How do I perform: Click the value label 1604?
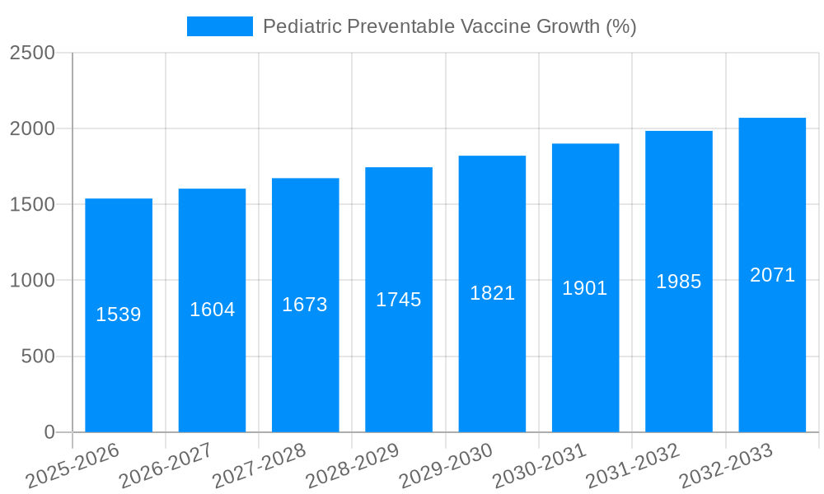(213, 310)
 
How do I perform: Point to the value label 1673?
(305, 305)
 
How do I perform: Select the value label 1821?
(492, 293)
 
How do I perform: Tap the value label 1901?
(585, 288)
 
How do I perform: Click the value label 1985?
(678, 282)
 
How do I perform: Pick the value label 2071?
(772, 275)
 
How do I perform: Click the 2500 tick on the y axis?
(32, 53)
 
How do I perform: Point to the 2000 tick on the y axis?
(32, 129)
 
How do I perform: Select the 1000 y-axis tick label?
(32, 281)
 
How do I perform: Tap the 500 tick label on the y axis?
(38, 357)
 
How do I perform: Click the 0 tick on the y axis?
(49, 432)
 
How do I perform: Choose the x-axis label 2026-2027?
(166, 465)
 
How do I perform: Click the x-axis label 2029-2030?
(446, 465)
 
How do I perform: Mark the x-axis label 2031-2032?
(632, 465)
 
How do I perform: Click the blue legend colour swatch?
(220, 26)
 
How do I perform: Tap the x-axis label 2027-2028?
(259, 465)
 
